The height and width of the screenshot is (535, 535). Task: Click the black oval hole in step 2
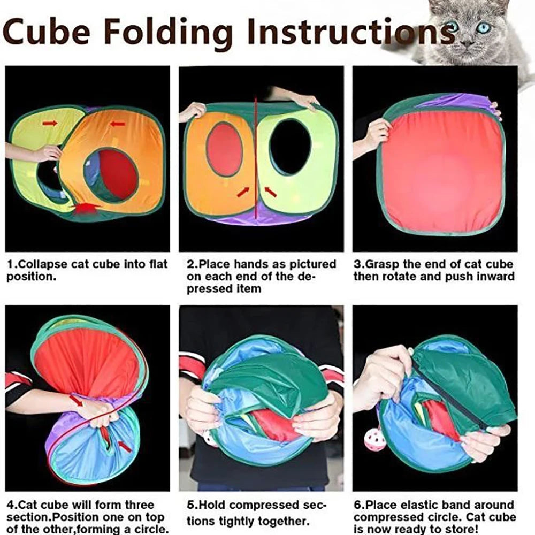tap(290, 147)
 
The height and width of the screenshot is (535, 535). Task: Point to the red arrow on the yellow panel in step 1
tap(50, 124)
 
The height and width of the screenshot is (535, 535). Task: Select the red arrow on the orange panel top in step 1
tap(118, 124)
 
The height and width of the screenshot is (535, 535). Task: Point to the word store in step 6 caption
tap(458, 529)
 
